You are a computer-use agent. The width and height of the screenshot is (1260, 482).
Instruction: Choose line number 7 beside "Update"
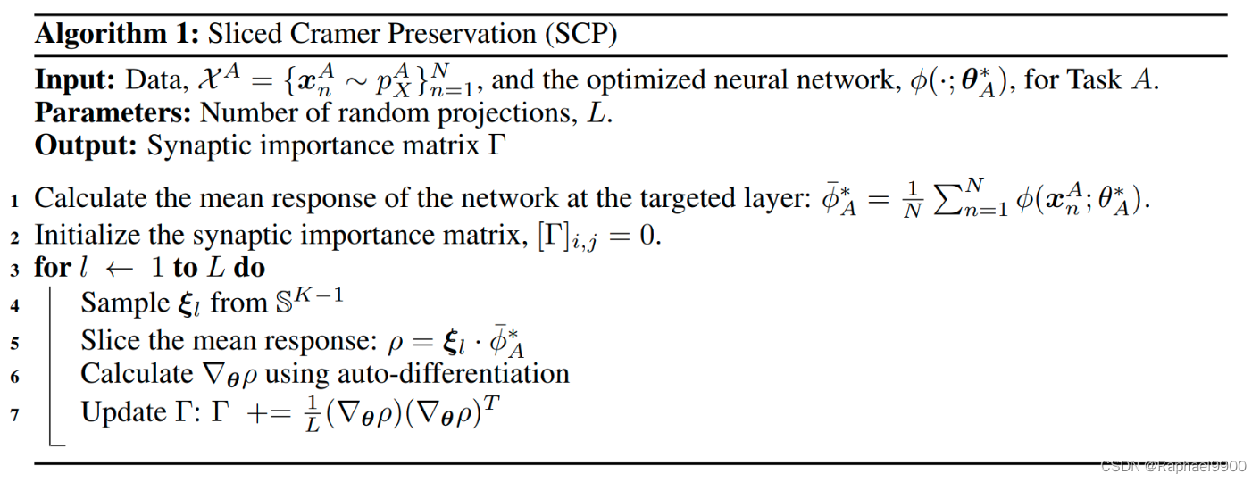14,414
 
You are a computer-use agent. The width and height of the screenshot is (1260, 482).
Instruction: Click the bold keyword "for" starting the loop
51,268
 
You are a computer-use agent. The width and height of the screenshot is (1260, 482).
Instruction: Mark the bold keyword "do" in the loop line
249,268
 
